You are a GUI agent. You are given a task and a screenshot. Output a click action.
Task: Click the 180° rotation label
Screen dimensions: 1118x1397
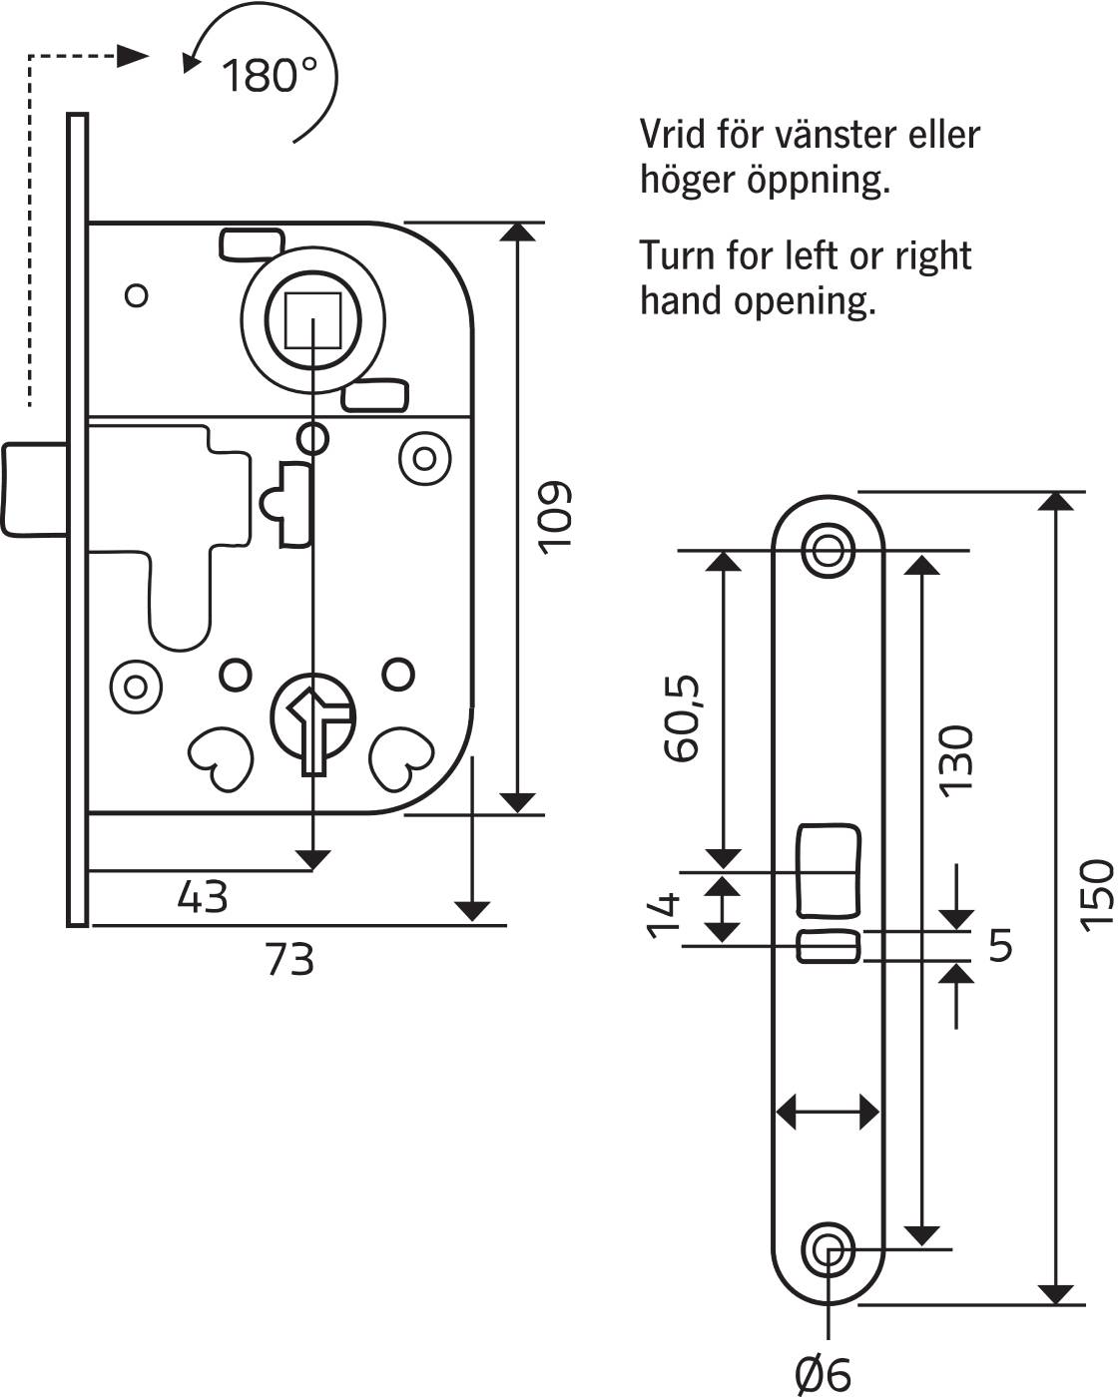click(270, 75)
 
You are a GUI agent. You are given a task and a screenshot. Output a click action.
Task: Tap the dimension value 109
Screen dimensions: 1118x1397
click(555, 517)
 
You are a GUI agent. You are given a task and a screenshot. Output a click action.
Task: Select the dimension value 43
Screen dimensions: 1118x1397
click(203, 897)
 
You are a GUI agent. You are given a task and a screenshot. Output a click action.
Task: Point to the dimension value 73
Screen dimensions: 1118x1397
click(289, 959)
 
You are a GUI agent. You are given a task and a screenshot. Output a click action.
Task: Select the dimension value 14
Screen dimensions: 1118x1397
click(663, 915)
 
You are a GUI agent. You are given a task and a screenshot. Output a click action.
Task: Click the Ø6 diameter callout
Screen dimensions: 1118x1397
click(823, 1374)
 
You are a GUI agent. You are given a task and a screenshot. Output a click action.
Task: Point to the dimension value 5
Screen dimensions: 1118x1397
click(1000, 945)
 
